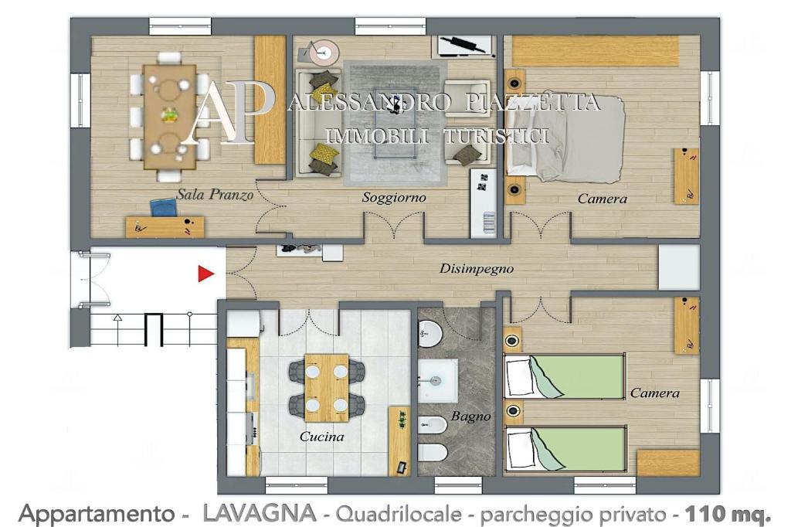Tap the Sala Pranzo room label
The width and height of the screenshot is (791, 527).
pyautogui.click(x=215, y=195)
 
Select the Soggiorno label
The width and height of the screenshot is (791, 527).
pyautogui.click(x=394, y=197)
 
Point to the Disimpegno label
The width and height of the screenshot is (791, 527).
pyautogui.click(x=476, y=269)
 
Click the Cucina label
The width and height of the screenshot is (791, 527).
pyautogui.click(x=322, y=437)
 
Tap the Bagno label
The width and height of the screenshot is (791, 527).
pyautogui.click(x=470, y=416)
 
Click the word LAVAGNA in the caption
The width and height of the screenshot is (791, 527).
pyautogui.click(x=260, y=514)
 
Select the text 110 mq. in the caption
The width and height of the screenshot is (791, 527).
pyautogui.click(x=728, y=515)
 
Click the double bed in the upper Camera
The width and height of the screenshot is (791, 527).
pyautogui.click(x=565, y=139)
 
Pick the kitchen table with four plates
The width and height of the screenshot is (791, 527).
pyautogui.click(x=327, y=388)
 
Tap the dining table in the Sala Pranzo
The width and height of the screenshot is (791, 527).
pyautogui.click(x=169, y=117)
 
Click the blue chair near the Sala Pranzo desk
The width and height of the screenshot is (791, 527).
pyautogui.click(x=164, y=207)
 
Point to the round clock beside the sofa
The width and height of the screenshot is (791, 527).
pyautogui.click(x=324, y=52)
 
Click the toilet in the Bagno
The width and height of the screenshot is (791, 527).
pyautogui.click(x=433, y=453)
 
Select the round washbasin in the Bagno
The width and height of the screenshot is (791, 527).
pyautogui.click(x=429, y=334)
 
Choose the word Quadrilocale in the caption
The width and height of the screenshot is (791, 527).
pyautogui.click(x=399, y=515)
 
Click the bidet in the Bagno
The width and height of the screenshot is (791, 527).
pyautogui.click(x=433, y=425)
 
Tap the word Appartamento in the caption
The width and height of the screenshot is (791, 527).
pyautogui.click(x=96, y=515)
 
